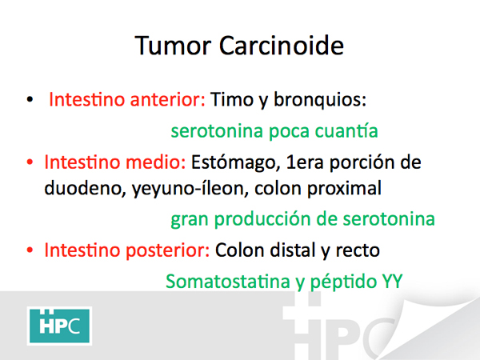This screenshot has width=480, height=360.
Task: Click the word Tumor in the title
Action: tap(173, 46)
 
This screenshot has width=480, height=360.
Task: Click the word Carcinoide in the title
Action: tap(282, 46)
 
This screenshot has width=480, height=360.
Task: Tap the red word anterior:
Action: tap(167, 99)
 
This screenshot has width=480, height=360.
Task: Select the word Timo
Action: tap(232, 99)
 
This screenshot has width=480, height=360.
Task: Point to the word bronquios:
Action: tap(320, 99)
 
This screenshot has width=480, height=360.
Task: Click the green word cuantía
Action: tap(346, 130)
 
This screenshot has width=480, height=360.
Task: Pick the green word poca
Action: tap(290, 132)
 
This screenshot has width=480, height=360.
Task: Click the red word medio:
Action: tap(155, 162)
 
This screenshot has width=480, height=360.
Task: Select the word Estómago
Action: tap(233, 162)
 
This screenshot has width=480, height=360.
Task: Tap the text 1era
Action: tap(305, 162)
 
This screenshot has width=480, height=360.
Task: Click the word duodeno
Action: tap(83, 188)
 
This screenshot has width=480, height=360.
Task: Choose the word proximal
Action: tap(344, 189)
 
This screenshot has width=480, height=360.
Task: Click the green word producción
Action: tap(262, 220)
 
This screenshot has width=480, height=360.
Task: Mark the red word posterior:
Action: tap(167, 250)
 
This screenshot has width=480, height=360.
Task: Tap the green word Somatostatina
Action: tap(228, 282)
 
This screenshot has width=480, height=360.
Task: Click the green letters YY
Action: tap(392, 282)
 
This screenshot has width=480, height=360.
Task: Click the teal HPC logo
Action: tap(59, 326)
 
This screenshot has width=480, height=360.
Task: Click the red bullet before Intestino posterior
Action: tap(30, 250)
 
